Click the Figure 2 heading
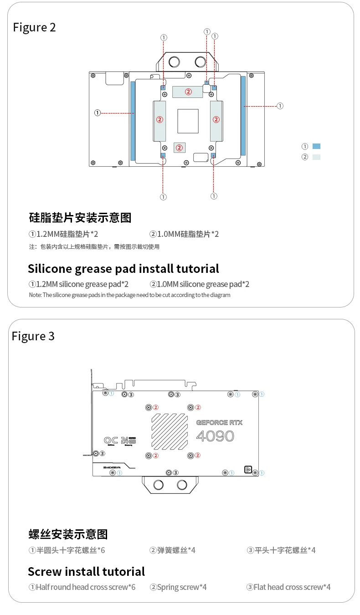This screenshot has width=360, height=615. click(x=34, y=27)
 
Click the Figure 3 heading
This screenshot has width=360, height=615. click(x=33, y=336)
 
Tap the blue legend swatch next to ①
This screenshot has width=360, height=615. click(x=317, y=146)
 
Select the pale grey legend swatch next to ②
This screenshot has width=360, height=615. click(x=317, y=157)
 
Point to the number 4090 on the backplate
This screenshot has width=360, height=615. click(x=215, y=436)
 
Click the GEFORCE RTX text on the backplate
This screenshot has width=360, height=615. click(x=219, y=423)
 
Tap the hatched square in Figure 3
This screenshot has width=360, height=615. click(x=170, y=431)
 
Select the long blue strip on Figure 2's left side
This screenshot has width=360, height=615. click(x=133, y=121)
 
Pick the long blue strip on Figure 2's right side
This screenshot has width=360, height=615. click(x=243, y=116)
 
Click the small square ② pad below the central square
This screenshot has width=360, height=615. click(x=180, y=147)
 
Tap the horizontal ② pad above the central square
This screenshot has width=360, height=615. click(x=188, y=91)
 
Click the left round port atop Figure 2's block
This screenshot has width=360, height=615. click(x=175, y=62)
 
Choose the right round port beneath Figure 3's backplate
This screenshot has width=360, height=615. click(x=182, y=484)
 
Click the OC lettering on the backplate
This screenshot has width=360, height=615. click(x=111, y=441)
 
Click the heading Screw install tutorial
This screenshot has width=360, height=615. click(x=86, y=571)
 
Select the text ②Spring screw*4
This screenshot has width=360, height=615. click(x=178, y=587)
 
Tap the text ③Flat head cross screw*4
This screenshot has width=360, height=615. click(x=288, y=587)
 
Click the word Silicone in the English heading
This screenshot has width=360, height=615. click(x=49, y=269)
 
